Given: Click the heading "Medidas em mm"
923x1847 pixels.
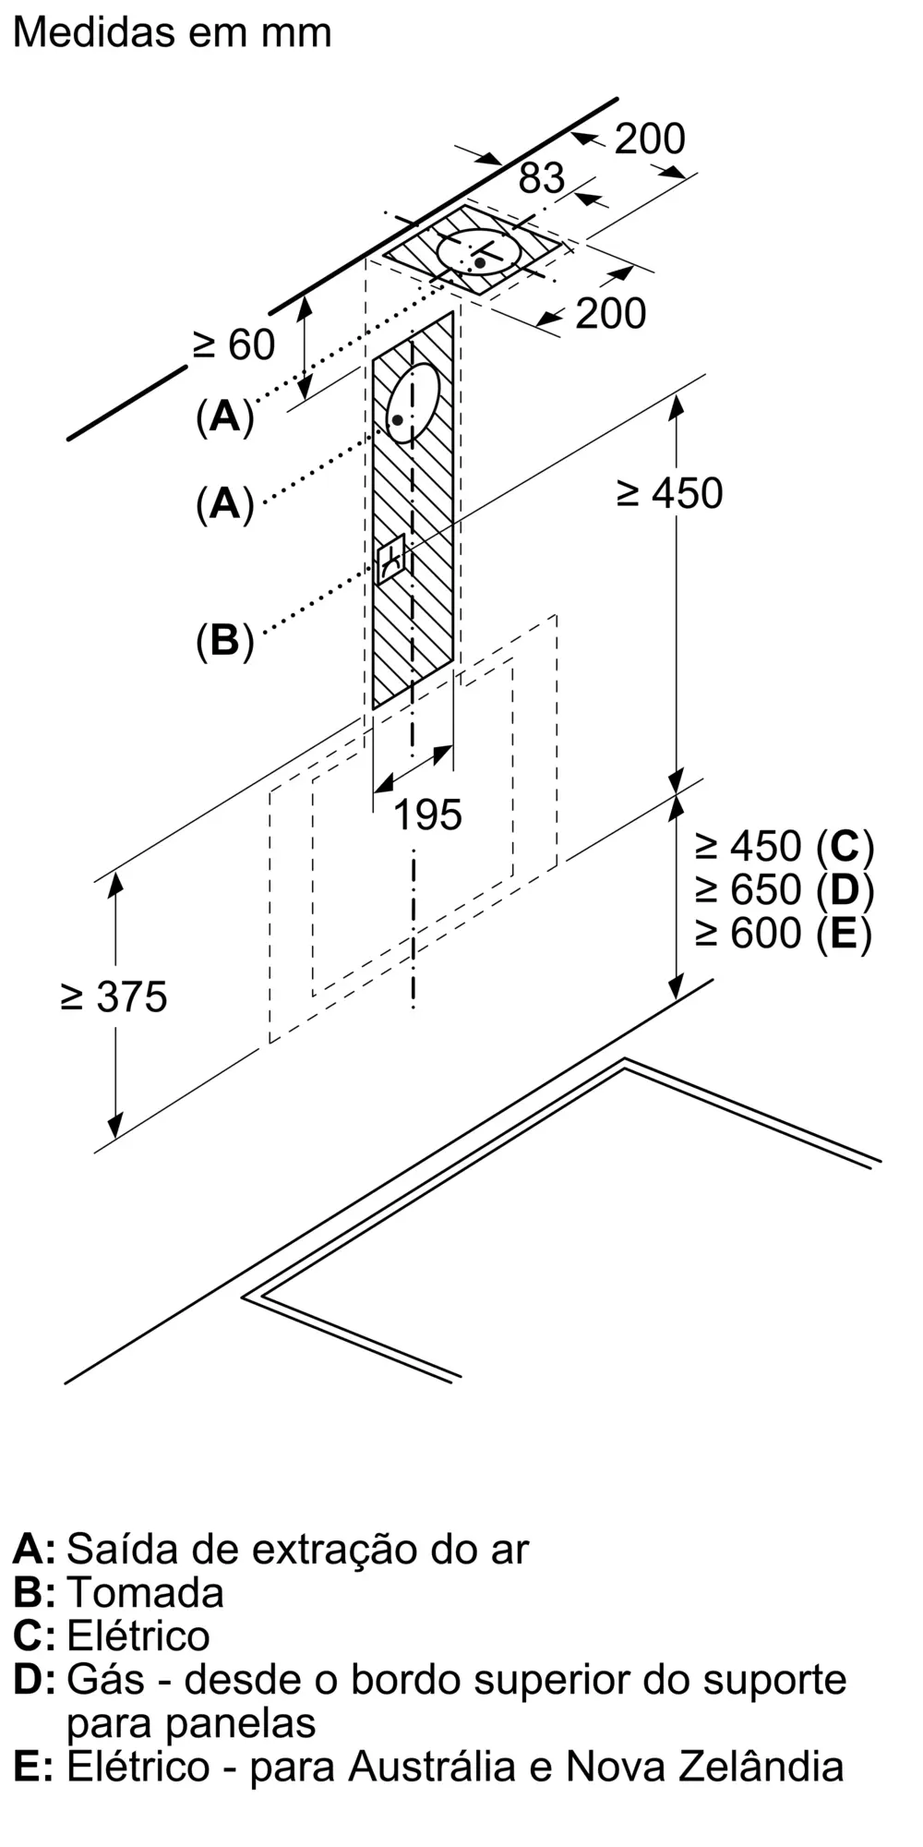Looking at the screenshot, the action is pyautogui.click(x=173, y=32).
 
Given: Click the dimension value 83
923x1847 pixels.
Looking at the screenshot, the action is pyautogui.click(x=541, y=178).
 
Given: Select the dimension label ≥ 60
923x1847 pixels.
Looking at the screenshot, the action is pyautogui.click(x=234, y=345).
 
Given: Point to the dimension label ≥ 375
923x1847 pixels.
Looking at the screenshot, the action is pyautogui.click(x=114, y=997).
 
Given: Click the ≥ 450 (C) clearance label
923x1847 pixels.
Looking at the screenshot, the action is pyautogui.click(x=785, y=846).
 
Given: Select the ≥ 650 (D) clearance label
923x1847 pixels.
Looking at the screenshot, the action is pyautogui.click(x=785, y=889).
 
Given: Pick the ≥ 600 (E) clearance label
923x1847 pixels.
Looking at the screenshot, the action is pyautogui.click(x=785, y=933).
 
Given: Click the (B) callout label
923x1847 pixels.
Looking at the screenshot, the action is pyautogui.click(x=224, y=640).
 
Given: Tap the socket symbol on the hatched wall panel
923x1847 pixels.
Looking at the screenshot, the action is pyautogui.click(x=390, y=558).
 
